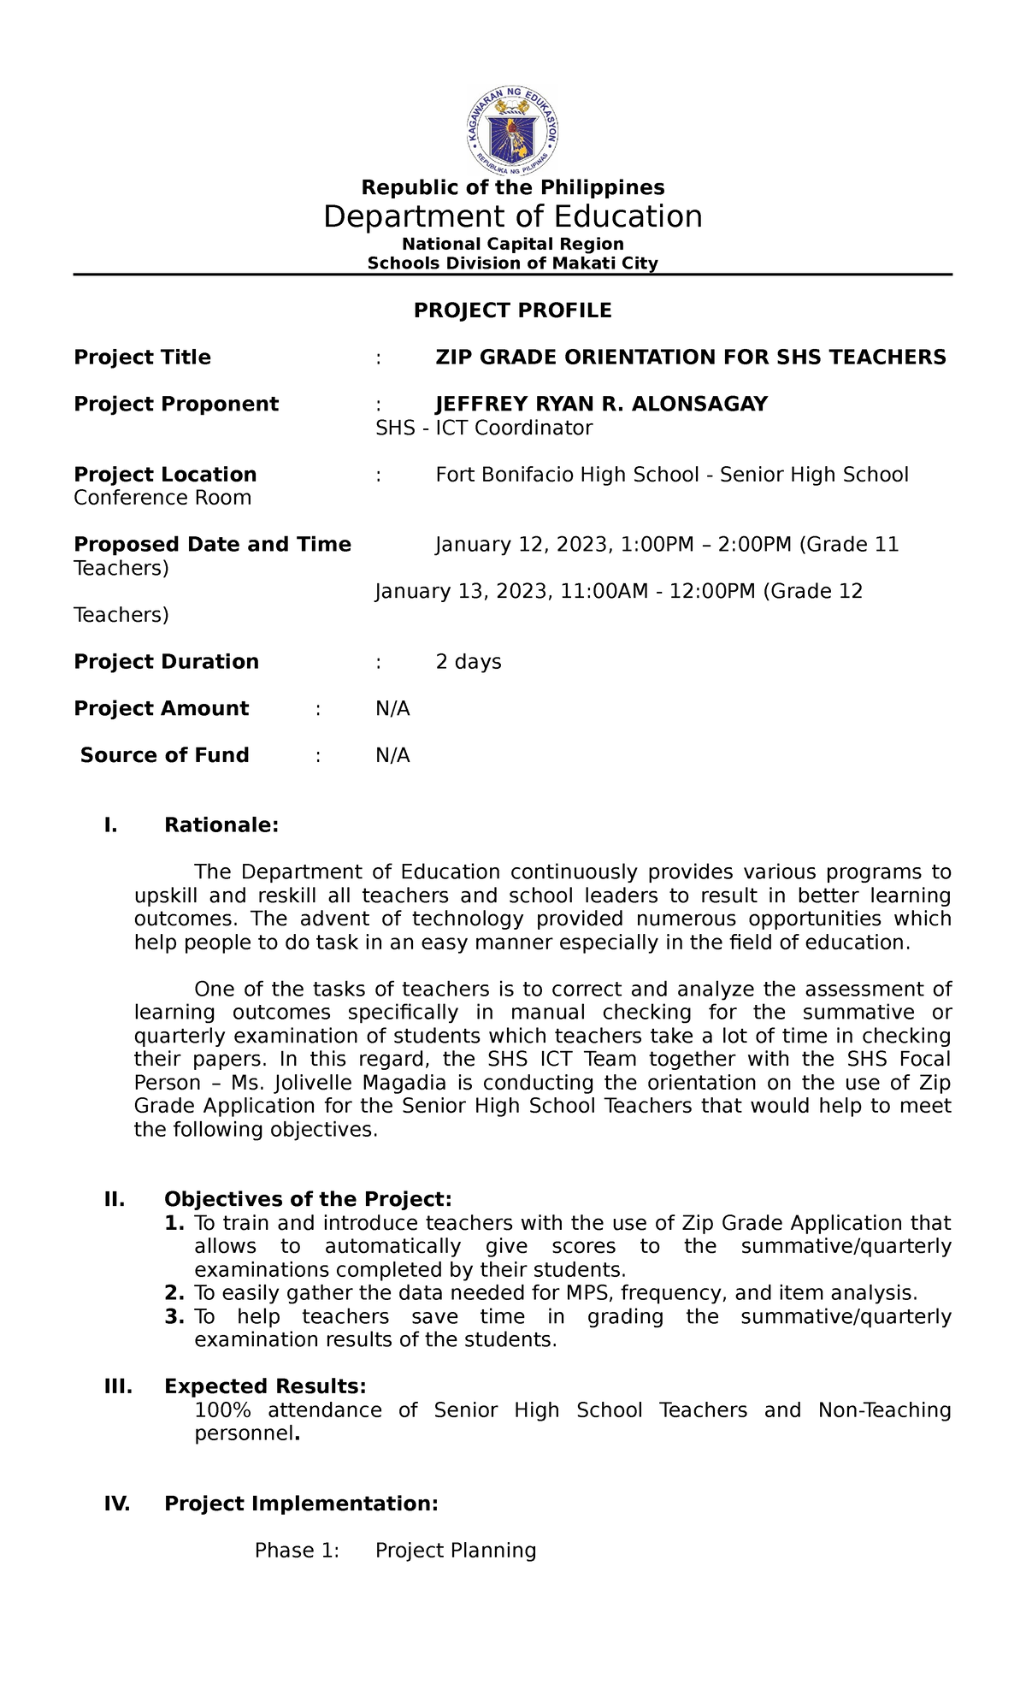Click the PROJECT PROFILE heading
pyautogui.click(x=512, y=310)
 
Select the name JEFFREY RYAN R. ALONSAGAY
pyautogui.click(x=601, y=404)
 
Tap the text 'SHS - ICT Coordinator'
pyautogui.click(x=483, y=428)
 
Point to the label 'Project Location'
pyautogui.click(x=165, y=475)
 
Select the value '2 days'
pyautogui.click(x=468, y=662)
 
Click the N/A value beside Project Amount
pyautogui.click(x=392, y=709)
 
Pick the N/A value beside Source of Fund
pyautogui.click(x=392, y=755)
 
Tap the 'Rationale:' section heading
pyautogui.click(x=221, y=825)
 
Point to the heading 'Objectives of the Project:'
pyautogui.click(x=308, y=1200)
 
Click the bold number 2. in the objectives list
pyautogui.click(x=174, y=1293)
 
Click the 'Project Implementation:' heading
pyautogui.click(x=301, y=1504)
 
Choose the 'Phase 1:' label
pyautogui.click(x=297, y=1551)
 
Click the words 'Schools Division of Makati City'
pyautogui.click(x=512, y=263)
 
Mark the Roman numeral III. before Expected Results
pyautogui.click(x=118, y=1386)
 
